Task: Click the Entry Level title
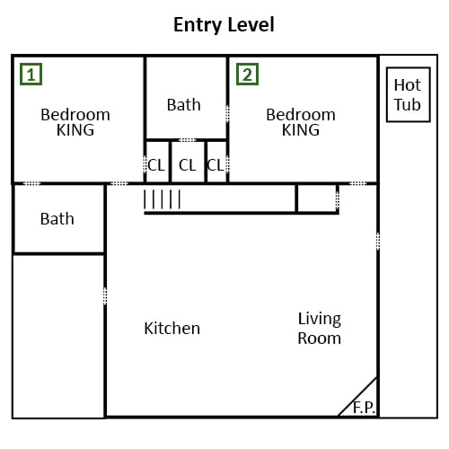coord(224,25)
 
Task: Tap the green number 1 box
coord(31,74)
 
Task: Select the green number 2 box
coord(247,74)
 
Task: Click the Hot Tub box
coord(409,94)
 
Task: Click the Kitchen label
coord(172,329)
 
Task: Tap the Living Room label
coord(320,329)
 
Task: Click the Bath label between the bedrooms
coord(184,105)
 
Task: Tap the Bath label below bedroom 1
coord(57,219)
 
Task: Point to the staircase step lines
coord(163,199)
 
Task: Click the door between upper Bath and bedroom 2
coord(227,114)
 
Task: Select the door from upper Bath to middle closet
coord(187,140)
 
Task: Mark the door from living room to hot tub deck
coord(378,242)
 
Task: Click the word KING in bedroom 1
coord(75,130)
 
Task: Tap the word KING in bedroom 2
coord(301,130)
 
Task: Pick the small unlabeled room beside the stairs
coord(317,198)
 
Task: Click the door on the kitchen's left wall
coord(105,296)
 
